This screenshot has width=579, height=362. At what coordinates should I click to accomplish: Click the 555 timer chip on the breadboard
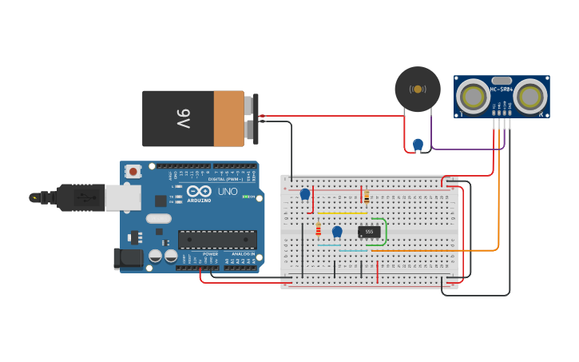pyautogui.click(x=368, y=232)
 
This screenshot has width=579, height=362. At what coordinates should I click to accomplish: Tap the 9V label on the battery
pyautogui.click(x=183, y=119)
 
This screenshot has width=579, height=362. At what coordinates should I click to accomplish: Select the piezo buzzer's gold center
pyautogui.click(x=417, y=89)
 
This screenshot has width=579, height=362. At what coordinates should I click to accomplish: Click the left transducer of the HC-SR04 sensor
pyautogui.click(x=473, y=97)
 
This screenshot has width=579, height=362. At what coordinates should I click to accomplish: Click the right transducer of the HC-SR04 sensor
pyautogui.click(x=530, y=97)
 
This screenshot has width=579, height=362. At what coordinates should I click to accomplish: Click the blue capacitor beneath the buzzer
pyautogui.click(x=418, y=144)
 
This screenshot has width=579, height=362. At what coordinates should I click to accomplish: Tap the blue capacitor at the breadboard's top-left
pyautogui.click(x=304, y=193)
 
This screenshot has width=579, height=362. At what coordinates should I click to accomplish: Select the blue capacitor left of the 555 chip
pyautogui.click(x=337, y=232)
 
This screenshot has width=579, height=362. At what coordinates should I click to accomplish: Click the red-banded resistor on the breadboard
pyautogui.click(x=318, y=230)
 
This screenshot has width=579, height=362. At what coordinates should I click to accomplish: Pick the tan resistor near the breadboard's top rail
pyautogui.click(x=366, y=196)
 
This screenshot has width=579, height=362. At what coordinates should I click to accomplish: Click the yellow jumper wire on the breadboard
pyautogui.click(x=342, y=213)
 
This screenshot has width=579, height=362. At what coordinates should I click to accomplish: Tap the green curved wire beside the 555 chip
pyautogui.click(x=386, y=231)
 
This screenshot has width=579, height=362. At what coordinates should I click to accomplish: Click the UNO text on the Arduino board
pyautogui.click(x=228, y=192)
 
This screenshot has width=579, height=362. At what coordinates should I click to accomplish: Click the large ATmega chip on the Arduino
pyautogui.click(x=217, y=238)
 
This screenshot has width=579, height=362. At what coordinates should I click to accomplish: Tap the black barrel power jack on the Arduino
pyautogui.click(x=127, y=257)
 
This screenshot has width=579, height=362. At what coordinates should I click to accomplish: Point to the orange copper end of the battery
pyautogui.click(x=228, y=119)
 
